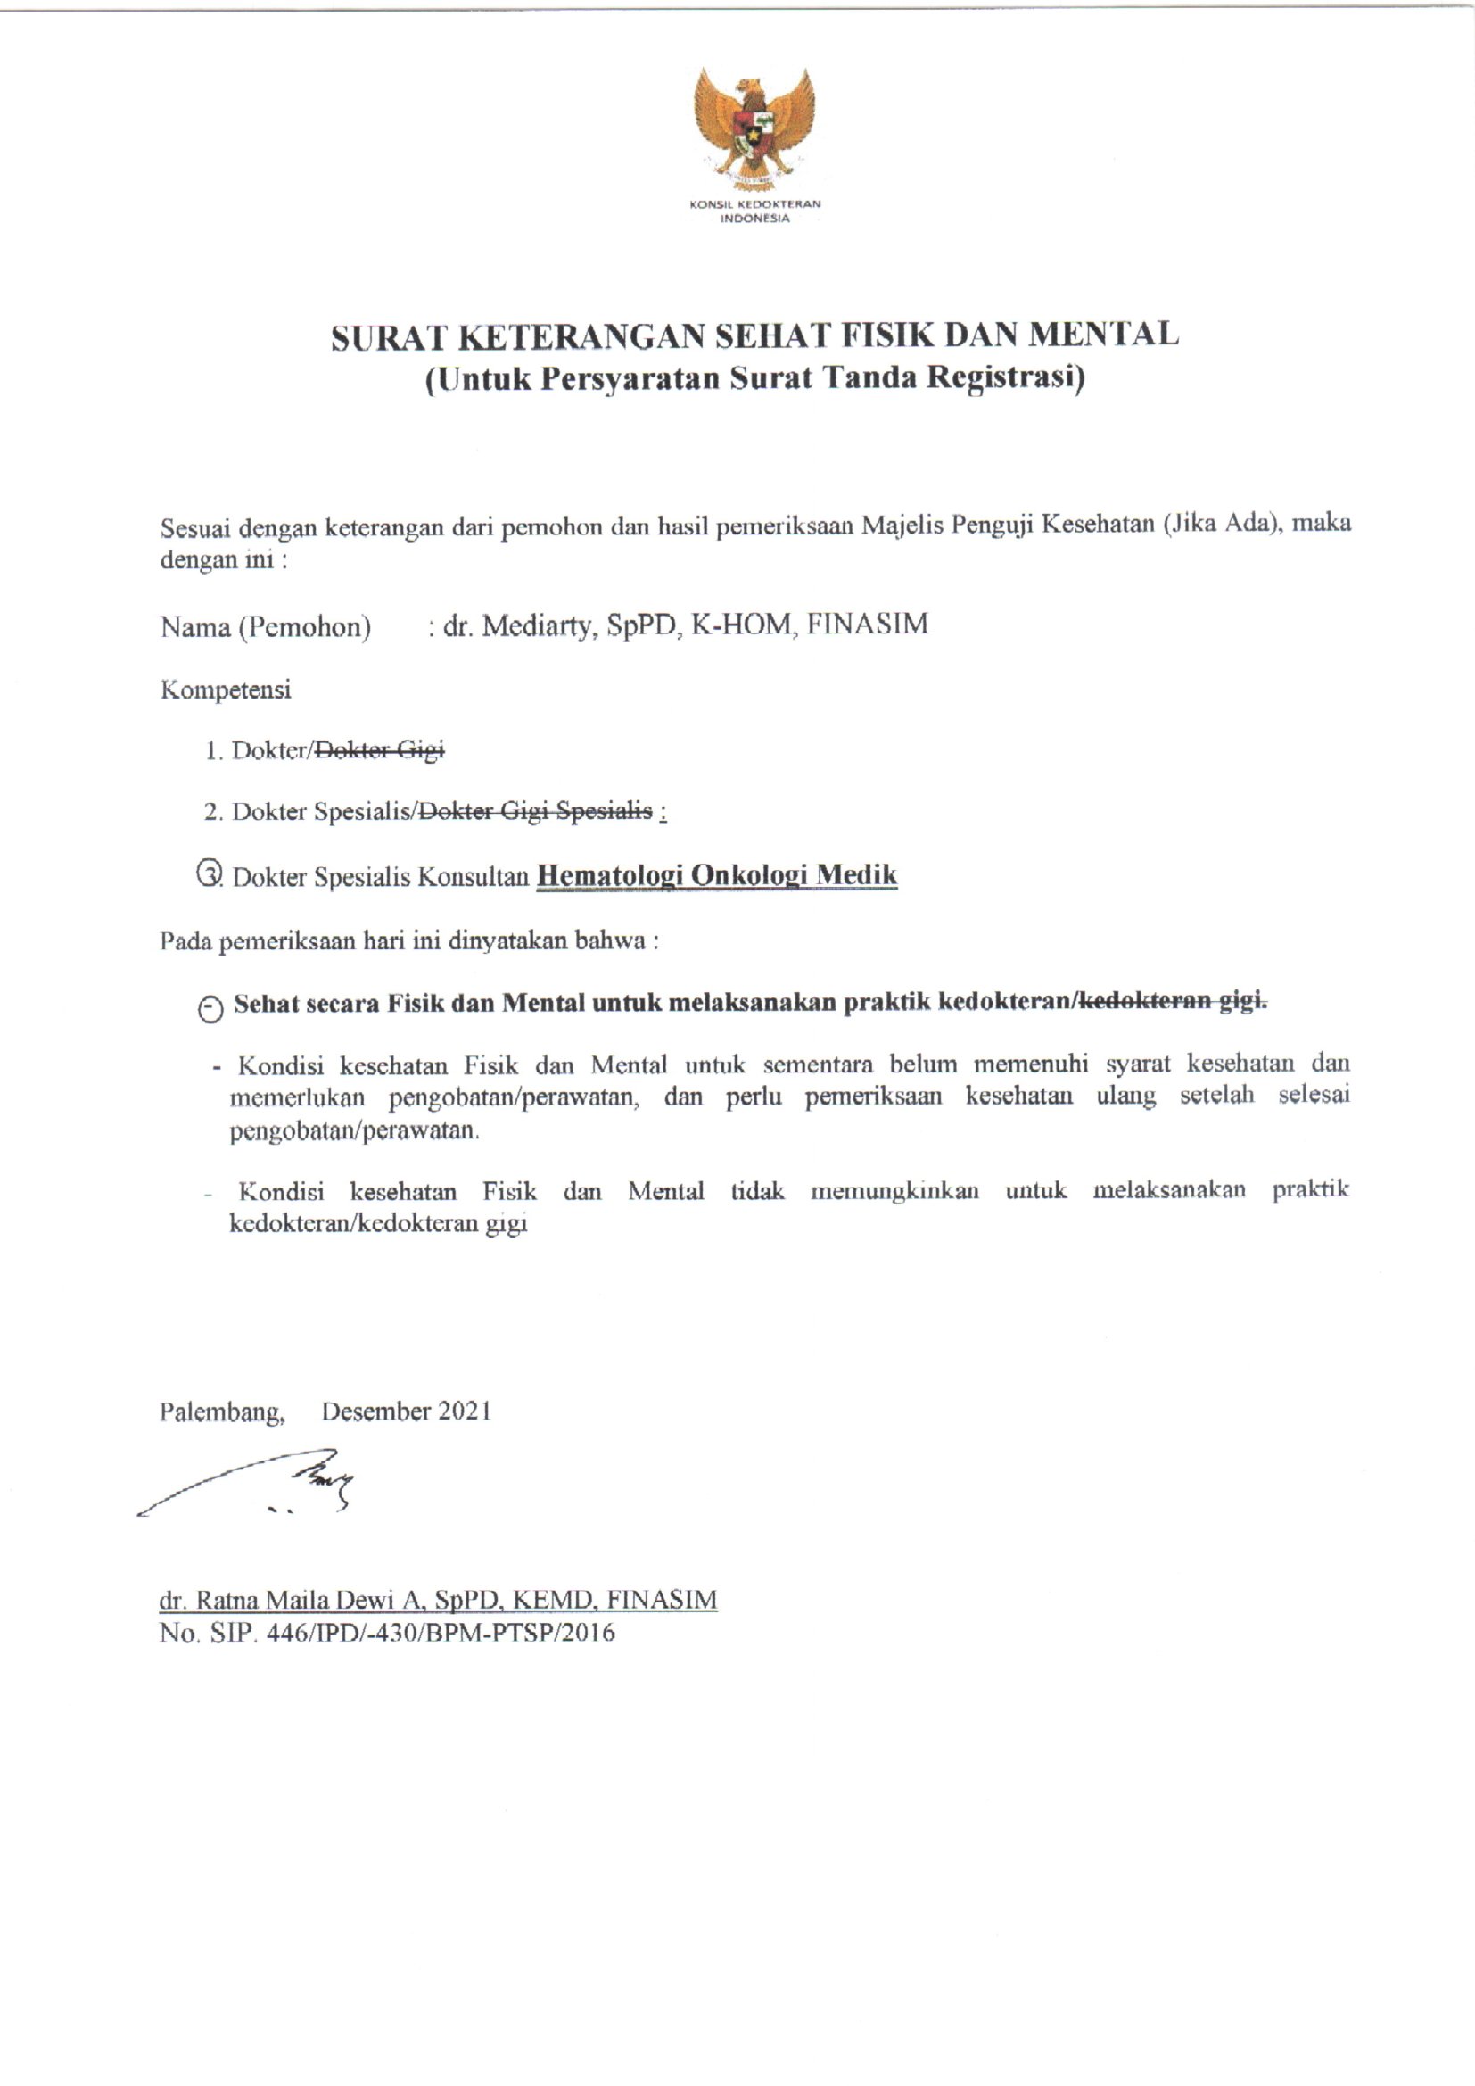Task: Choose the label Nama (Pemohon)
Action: pos(265,627)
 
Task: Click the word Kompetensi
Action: pos(226,691)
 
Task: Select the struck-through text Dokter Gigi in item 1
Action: pos(378,750)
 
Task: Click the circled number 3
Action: pos(208,875)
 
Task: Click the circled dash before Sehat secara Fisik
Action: pos(210,1008)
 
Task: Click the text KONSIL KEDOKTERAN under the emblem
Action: pos(754,204)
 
